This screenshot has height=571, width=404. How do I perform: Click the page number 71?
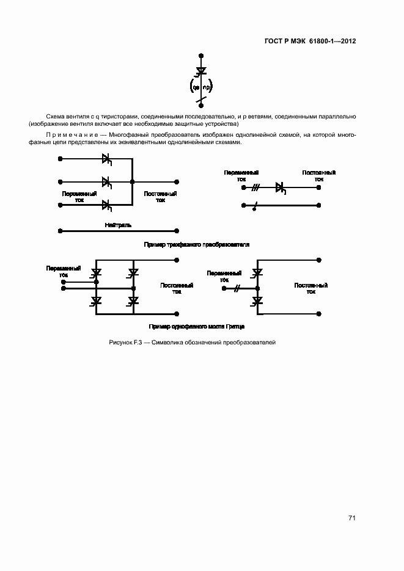coord(351,518)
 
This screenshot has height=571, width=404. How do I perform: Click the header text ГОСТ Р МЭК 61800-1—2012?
coord(310,42)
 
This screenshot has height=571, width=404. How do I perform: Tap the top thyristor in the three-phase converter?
coord(106,159)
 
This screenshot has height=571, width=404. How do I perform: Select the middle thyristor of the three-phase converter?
coord(106,181)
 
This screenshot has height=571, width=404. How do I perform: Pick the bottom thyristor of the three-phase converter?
coord(106,204)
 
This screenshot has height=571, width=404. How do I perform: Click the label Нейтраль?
coord(118,225)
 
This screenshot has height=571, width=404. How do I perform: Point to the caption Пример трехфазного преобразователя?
coord(196,244)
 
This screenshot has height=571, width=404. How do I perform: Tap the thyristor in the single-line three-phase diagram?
coord(281,188)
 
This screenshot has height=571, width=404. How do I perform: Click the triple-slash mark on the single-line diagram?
coord(256,188)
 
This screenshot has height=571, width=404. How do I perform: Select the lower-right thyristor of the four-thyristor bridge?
coord(133,300)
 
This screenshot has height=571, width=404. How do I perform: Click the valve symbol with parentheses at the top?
coord(200,79)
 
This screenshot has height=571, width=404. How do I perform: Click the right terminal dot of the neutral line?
coord(177,231)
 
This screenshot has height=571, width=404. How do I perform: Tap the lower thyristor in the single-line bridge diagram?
coord(257,300)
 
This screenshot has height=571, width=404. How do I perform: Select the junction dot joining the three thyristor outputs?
coord(133,181)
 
